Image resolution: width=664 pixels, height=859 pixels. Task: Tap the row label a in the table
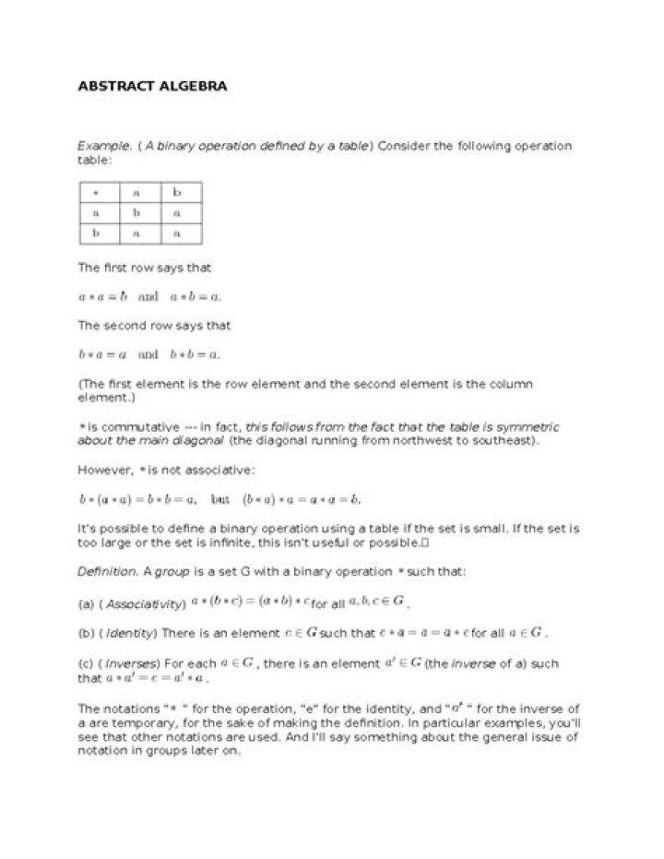click(96, 213)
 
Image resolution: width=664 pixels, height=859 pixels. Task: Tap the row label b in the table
click(96, 233)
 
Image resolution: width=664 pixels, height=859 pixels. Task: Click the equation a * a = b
click(102, 297)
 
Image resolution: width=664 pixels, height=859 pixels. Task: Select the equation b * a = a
click(102, 354)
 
